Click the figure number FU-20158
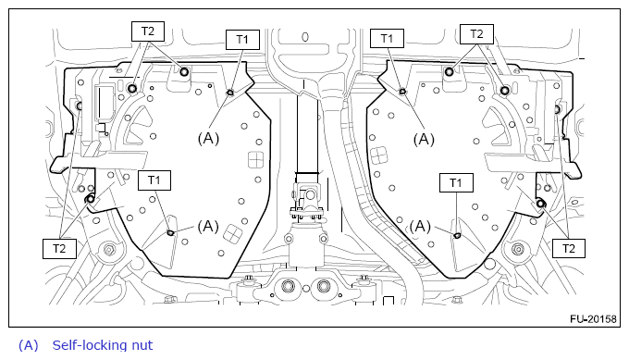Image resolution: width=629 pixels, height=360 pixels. [x=593, y=319]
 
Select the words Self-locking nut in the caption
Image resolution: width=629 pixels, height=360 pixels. [x=103, y=345]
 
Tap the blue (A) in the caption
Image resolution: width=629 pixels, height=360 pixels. [x=29, y=345]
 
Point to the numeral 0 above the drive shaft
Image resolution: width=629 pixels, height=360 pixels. [x=305, y=37]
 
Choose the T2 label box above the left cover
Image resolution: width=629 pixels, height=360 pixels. [x=148, y=31]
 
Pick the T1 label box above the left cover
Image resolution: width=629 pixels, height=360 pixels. [x=242, y=39]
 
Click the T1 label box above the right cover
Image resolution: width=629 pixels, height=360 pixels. [x=387, y=39]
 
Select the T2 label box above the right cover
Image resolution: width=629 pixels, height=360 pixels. [x=476, y=34]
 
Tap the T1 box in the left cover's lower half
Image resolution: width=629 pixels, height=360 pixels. [x=154, y=180]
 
